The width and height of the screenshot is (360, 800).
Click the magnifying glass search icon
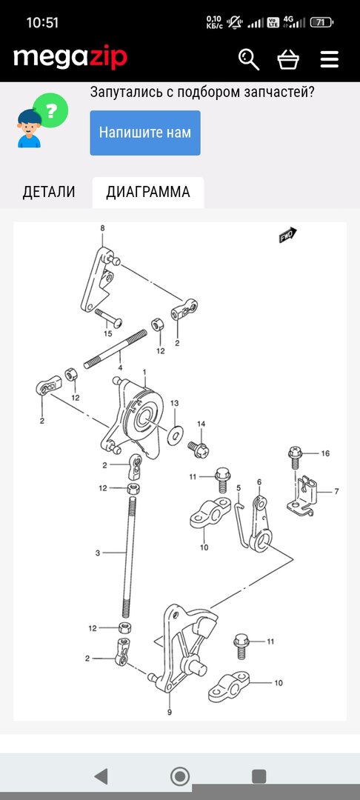249,59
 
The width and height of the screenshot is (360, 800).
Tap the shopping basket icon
288,59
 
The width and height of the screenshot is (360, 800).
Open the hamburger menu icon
330,59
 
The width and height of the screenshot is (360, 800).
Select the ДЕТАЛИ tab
48,192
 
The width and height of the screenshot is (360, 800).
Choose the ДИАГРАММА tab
148,192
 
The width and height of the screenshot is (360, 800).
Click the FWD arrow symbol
287,236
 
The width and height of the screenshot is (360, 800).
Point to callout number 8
102,228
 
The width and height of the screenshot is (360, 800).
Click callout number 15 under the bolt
107,333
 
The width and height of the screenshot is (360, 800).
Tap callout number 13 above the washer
175,403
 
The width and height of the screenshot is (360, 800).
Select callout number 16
325,453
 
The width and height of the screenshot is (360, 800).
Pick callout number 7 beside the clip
336,491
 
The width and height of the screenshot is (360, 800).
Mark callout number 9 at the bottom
170,713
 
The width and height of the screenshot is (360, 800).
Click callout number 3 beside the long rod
98,553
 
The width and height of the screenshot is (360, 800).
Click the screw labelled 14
199,449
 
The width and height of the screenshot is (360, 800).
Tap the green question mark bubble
50,110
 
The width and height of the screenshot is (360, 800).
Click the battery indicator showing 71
321,22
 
